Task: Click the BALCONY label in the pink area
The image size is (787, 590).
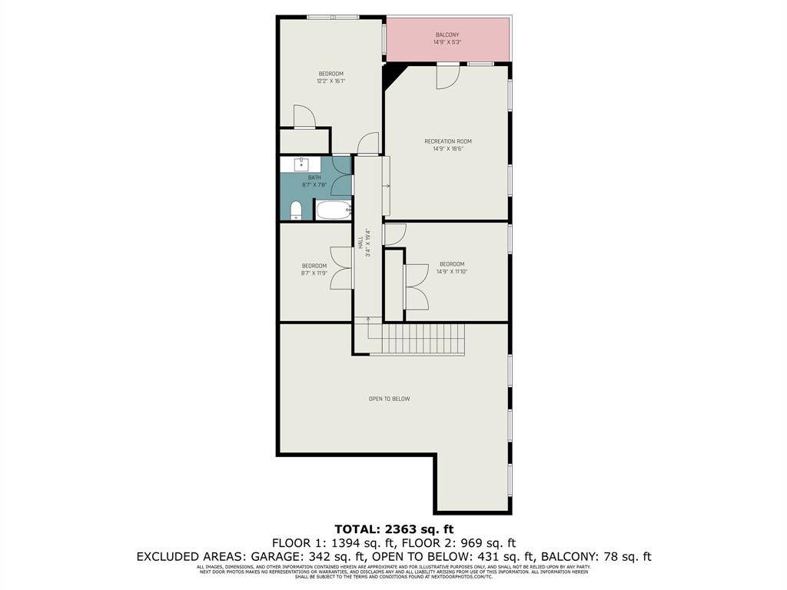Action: click(447, 35)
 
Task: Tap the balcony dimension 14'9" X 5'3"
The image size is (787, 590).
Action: click(447, 43)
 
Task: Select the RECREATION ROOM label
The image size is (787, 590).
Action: click(448, 141)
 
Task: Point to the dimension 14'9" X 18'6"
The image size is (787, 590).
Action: click(448, 149)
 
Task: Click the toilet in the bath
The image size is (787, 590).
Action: click(296, 210)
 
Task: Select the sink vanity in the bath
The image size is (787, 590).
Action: click(302, 164)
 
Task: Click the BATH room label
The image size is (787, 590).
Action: click(315, 177)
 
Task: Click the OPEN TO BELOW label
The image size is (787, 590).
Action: click(390, 399)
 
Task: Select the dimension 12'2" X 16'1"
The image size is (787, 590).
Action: click(330, 81)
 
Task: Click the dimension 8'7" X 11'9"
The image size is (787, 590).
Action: click(314, 273)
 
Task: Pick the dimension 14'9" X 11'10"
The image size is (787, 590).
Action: click(452, 272)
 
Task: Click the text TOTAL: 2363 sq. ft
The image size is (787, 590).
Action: click(394, 529)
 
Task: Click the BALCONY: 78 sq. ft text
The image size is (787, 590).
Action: click(596, 557)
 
